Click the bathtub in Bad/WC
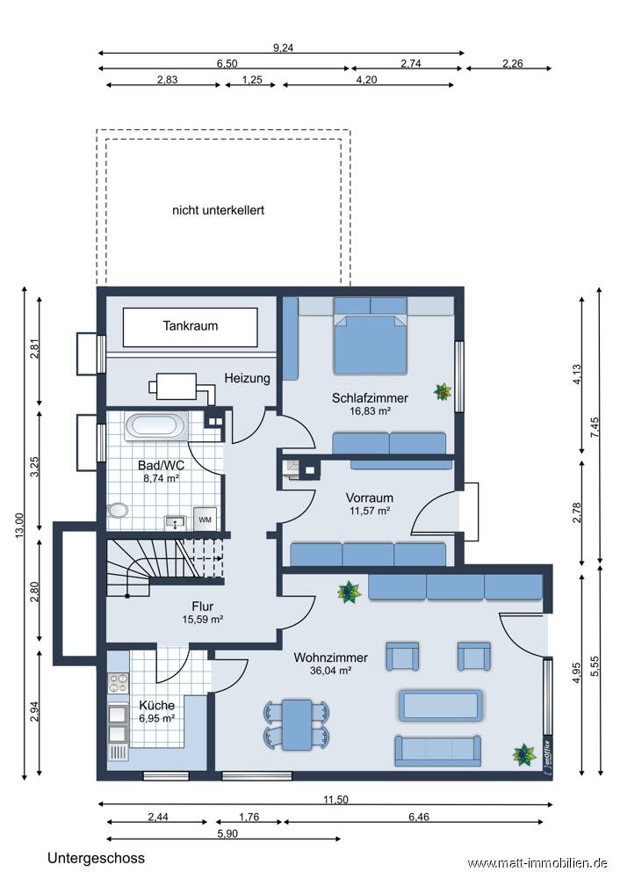tap(156, 426)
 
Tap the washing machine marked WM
tap(205, 519)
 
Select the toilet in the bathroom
tap(117, 510)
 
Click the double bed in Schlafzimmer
tap(371, 337)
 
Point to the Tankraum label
tap(191, 326)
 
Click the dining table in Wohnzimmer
tap(297, 724)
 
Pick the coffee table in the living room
tap(441, 705)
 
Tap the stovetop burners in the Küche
tap(119, 683)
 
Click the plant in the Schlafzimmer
tap(443, 392)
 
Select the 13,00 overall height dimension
tap(19, 526)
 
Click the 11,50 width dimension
tap(335, 799)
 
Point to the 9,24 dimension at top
tap(283, 47)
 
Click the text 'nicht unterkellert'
tap(218, 210)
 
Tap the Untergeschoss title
tap(96, 858)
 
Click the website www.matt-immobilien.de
tap(537, 863)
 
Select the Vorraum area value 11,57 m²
tap(370, 511)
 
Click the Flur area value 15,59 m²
tap(203, 620)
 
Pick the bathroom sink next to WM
tap(177, 522)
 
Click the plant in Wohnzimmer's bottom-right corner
tap(524, 755)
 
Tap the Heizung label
tap(247, 378)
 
